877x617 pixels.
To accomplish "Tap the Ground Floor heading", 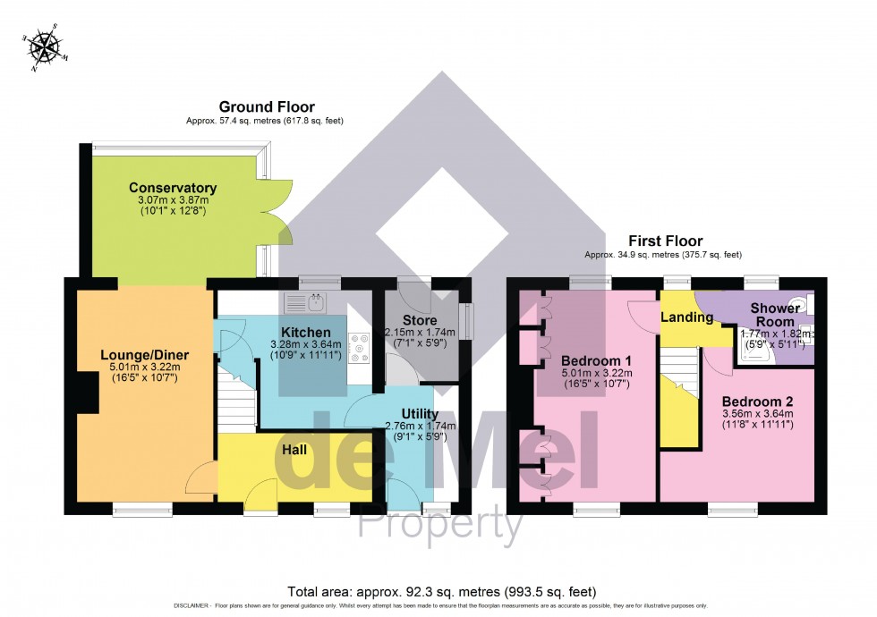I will tap(266, 107).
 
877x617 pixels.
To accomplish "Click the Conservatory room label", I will tap(173, 188).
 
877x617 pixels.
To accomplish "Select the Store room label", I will tap(419, 320).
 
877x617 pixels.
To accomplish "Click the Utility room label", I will tap(419, 414).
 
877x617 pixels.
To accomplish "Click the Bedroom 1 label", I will tap(597, 359).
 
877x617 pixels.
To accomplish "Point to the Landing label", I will tap(686, 317).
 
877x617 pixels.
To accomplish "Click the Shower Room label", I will tap(775, 315).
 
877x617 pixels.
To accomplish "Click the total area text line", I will tap(441, 592).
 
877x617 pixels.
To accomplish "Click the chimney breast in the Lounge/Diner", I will tap(88, 393).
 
